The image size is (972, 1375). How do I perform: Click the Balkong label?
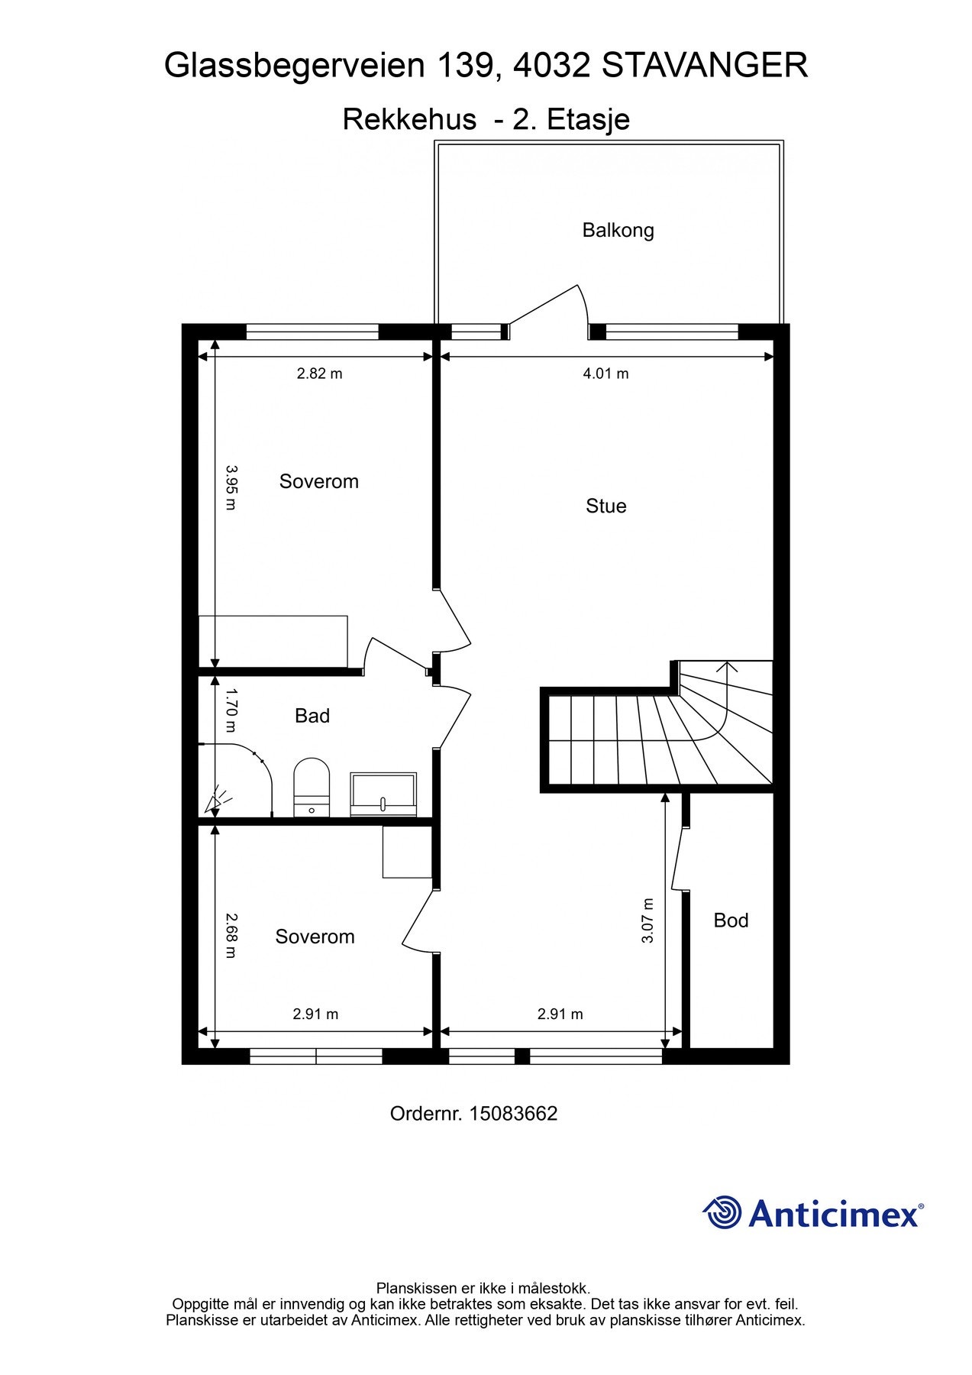[x=618, y=230]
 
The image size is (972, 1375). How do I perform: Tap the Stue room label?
[x=605, y=506]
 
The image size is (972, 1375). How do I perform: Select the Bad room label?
[x=312, y=716]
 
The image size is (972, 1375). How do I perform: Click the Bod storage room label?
[x=731, y=920]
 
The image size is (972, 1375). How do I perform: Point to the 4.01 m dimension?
[x=605, y=374]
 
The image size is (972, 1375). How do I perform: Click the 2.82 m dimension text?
[x=319, y=374]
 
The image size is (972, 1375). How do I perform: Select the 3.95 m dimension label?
[x=231, y=488]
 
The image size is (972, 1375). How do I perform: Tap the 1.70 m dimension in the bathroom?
[x=231, y=711]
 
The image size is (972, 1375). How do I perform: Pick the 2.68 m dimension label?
[x=231, y=936]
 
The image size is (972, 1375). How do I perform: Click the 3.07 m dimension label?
[x=647, y=920]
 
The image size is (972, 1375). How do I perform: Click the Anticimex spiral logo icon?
[x=722, y=1212]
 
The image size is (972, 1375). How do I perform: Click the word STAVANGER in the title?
[x=705, y=66]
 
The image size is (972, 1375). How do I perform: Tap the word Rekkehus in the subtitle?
[x=409, y=119]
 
